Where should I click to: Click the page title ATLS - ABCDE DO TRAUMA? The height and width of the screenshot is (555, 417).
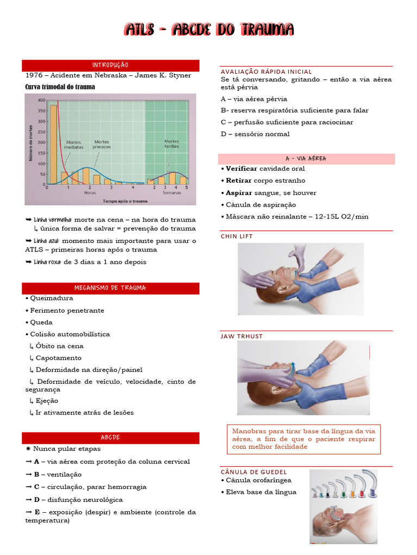coord(208,29)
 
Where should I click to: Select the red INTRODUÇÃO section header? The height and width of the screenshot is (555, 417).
coord(110,65)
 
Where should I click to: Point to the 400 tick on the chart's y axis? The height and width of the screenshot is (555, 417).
coord(41,100)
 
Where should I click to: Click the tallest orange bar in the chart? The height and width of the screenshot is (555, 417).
coord(53,144)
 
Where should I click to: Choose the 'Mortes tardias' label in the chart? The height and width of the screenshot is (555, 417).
coord(172,144)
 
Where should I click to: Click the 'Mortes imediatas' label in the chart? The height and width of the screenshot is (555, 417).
coord(73,145)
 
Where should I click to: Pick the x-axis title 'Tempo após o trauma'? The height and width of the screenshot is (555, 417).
coord(125,200)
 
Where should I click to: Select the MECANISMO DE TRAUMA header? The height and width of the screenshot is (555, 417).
coord(110,288)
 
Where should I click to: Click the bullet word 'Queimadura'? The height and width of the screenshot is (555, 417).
coord(51,298)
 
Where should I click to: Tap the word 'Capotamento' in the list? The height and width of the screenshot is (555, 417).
coord(58,358)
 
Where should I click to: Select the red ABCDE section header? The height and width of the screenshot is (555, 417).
coord(110,437)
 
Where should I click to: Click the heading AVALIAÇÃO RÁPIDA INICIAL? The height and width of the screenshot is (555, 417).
coord(266,72)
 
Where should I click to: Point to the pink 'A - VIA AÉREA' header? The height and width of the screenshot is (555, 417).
coord(306,159)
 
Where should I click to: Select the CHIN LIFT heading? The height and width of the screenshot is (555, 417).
coord(237,236)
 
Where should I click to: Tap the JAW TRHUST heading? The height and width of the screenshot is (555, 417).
coord(242,336)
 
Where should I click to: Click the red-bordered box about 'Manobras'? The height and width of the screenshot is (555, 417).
coord(304,438)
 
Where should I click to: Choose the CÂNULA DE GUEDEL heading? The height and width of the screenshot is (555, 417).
coord(254,472)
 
